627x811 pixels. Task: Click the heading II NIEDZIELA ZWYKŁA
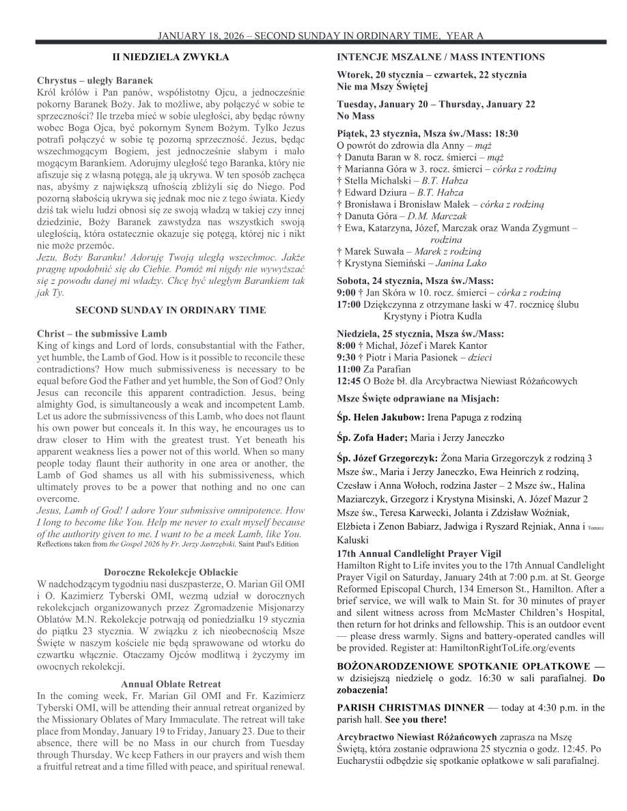click(171, 57)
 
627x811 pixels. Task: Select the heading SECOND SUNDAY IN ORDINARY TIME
click(171, 310)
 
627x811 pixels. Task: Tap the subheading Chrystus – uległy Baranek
click(95, 81)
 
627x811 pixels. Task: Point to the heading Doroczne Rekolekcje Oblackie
click(171, 571)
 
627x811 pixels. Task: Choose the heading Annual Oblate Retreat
click(171, 683)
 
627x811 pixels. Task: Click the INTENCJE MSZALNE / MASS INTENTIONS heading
click(441, 57)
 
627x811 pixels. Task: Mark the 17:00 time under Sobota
click(349, 304)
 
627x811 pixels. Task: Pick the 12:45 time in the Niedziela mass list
click(349, 381)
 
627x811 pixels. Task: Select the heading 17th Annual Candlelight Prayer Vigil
click(419, 554)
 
